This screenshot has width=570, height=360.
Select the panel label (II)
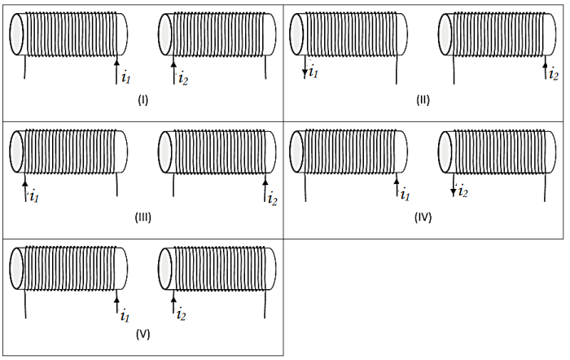[x=422, y=101]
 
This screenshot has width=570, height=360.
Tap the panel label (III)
[x=143, y=217]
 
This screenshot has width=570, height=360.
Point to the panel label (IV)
[x=423, y=217]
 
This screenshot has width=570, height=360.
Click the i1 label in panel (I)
[x=125, y=78]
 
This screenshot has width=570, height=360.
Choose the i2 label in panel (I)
[x=182, y=78]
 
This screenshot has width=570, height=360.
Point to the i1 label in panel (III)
[x=33, y=195]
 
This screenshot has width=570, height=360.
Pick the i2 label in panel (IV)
[x=462, y=192]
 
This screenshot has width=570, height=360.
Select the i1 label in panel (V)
[x=125, y=314]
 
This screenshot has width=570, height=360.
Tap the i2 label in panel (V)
[x=182, y=314]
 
